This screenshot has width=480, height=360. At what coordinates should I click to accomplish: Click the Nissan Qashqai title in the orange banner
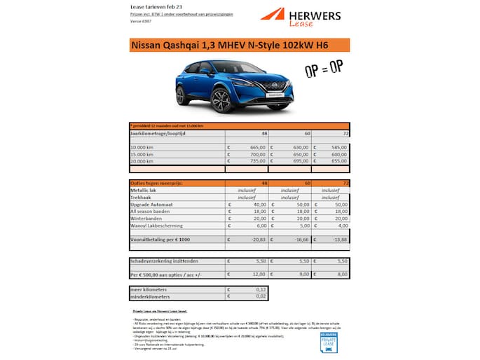point(230,46)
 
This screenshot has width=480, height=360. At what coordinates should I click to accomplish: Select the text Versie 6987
point(142,22)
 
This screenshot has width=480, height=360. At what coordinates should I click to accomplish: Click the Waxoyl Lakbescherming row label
point(157,226)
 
